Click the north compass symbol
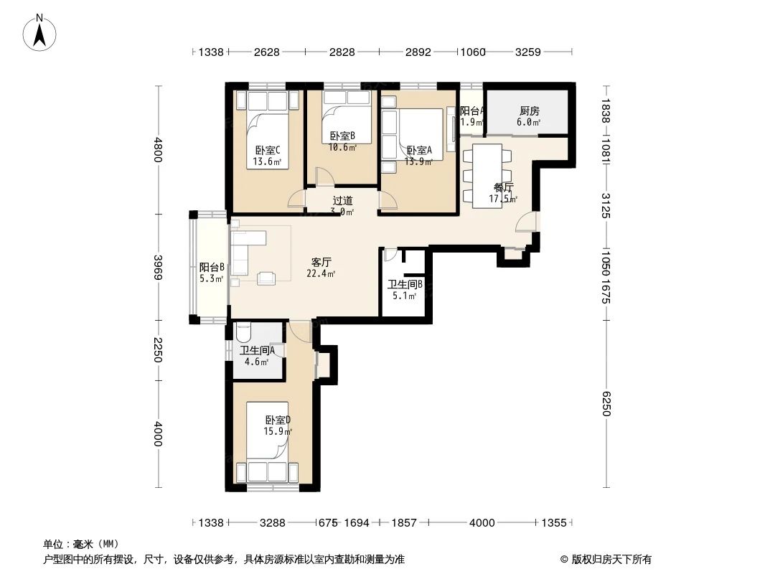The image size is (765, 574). (41, 32)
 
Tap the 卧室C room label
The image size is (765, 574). (268, 151)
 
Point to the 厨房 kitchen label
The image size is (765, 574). (529, 111)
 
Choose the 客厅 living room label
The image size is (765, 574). (321, 262)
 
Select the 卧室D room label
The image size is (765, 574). (278, 420)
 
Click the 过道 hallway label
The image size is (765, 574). (342, 201)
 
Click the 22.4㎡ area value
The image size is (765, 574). (321, 273)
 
